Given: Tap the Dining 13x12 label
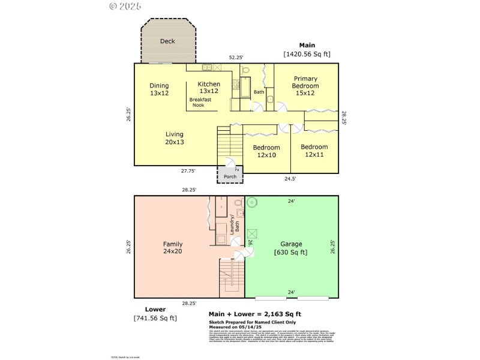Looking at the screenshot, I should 159,89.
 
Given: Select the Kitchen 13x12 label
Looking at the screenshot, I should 208,88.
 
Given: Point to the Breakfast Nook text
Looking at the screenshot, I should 200,103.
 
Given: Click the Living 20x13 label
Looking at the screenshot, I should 175,138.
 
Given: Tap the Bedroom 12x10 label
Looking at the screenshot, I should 266,151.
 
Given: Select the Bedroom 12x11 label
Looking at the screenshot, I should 314,151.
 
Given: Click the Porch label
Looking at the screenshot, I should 230,177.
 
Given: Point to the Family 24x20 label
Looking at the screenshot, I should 173,248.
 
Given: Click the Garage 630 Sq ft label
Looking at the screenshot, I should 291,248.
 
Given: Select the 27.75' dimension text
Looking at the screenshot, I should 189,171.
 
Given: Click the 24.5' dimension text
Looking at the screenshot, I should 290,178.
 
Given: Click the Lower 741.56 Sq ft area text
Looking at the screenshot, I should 155,314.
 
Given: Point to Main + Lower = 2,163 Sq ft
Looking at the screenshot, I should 254,314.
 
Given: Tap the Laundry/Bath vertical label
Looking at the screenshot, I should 234,223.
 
